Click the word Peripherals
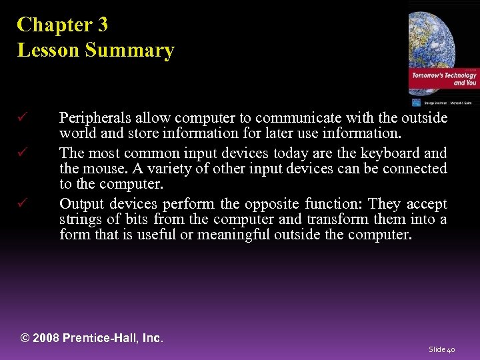[92, 119]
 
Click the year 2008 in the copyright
[46, 338]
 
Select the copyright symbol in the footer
[25, 338]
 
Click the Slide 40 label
[442, 349]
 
